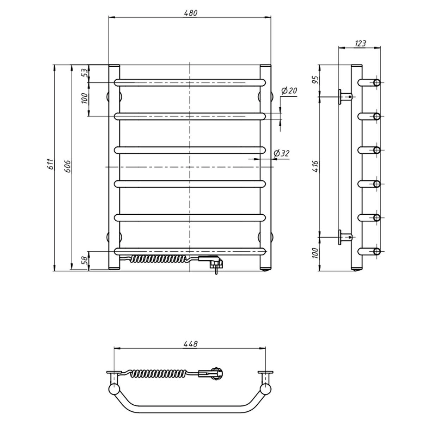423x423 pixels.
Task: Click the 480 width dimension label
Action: (191, 13)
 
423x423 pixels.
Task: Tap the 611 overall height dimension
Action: (51, 164)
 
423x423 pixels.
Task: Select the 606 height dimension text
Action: (68, 166)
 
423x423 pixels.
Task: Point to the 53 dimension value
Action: (84, 73)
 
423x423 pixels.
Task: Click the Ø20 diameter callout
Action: (289, 91)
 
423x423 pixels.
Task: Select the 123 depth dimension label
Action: (360, 44)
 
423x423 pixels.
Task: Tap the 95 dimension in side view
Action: (315, 80)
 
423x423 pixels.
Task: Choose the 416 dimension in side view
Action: (315, 166)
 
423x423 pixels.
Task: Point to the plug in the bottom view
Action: (213, 373)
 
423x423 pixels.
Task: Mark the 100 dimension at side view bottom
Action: (315, 253)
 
